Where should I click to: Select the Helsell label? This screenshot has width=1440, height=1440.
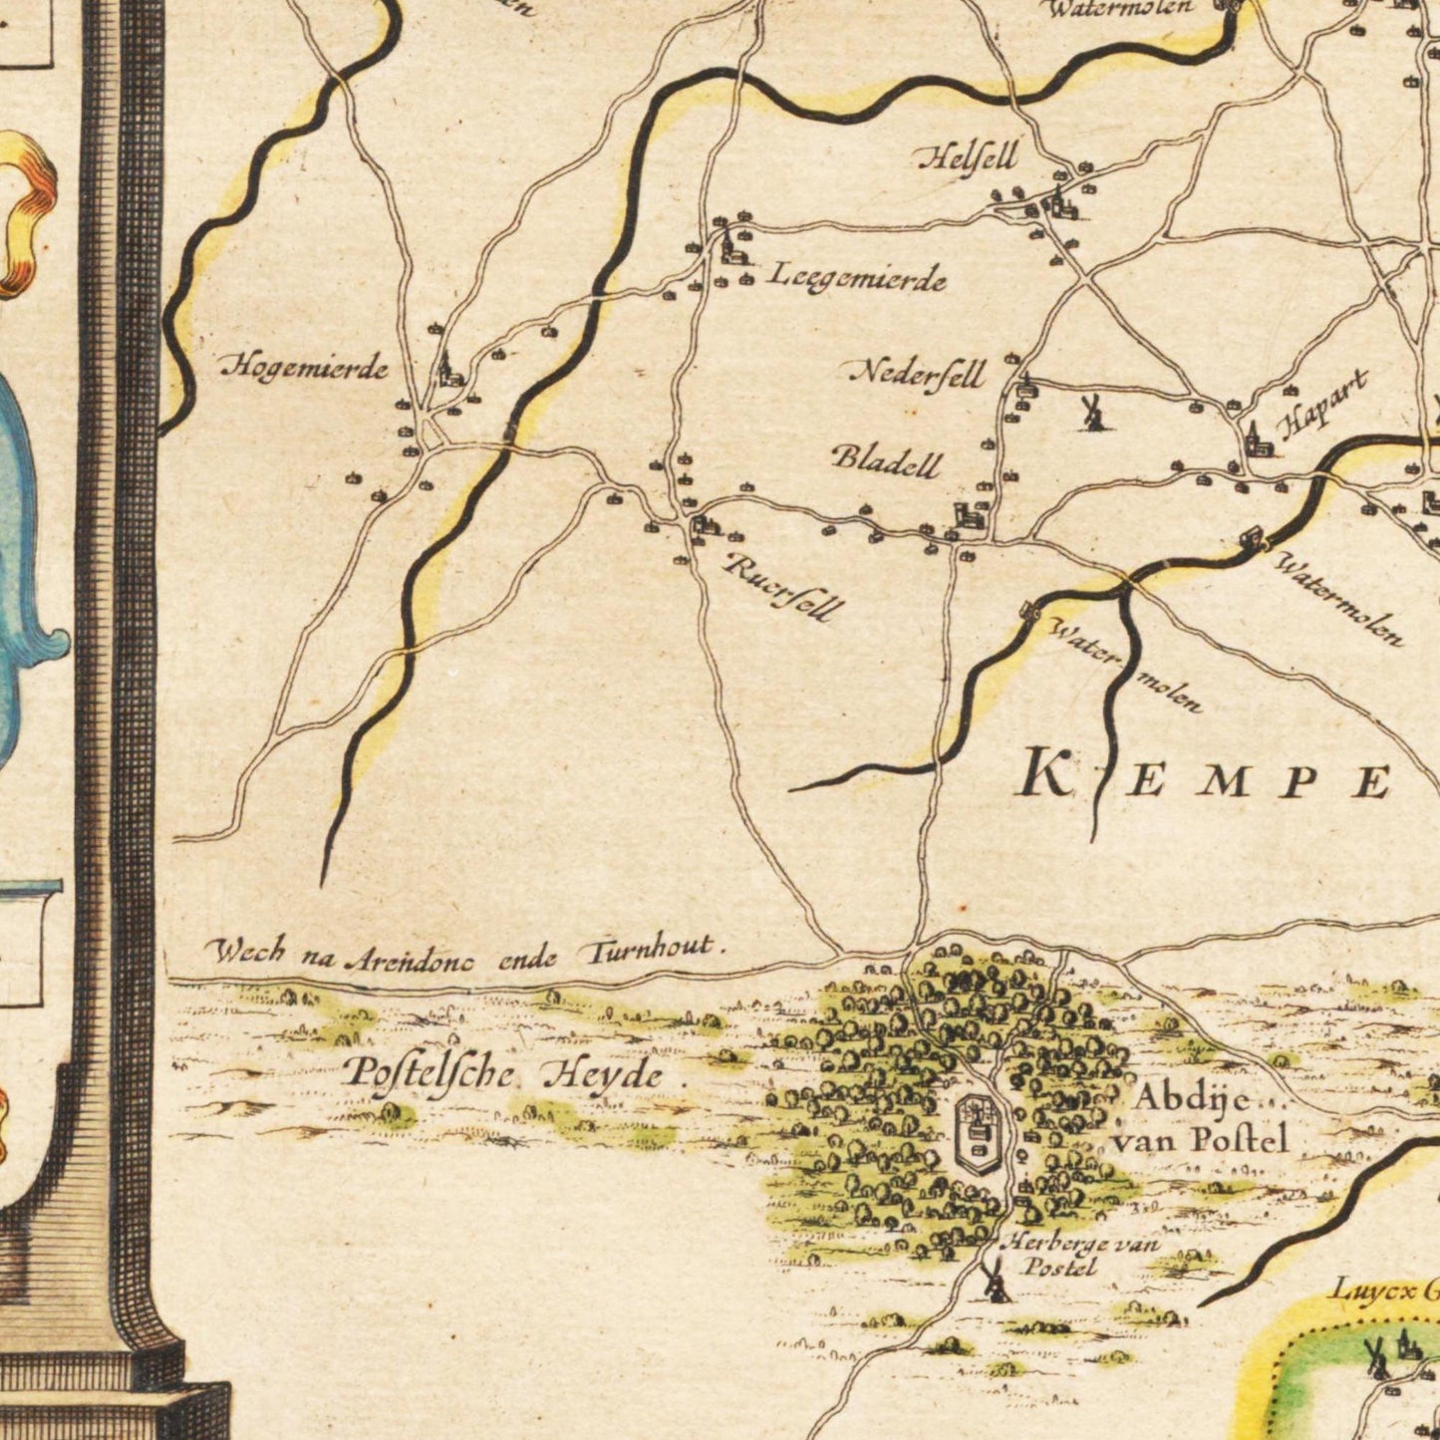point(967,157)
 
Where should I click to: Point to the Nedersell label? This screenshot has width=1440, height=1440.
point(918,374)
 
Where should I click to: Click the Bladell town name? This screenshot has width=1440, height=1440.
point(886,459)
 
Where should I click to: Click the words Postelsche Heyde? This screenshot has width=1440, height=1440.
point(504,1074)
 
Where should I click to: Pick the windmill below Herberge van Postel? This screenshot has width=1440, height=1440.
point(994,1282)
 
